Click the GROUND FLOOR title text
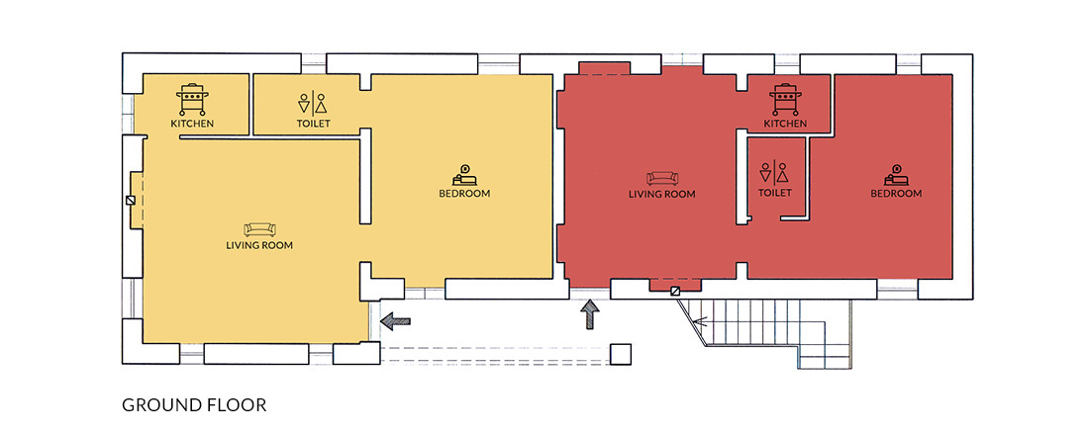pos(194,404)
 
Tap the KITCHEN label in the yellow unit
pos(192,124)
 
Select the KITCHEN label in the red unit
pos(785,124)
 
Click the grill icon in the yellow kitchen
pos(192,99)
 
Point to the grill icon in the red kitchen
pos(785,99)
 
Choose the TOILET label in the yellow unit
pos(313,124)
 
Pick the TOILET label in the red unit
pos(774,192)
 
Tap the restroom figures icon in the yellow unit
pos(313,103)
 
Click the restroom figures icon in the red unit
pos(774,172)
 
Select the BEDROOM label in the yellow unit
pos(464,193)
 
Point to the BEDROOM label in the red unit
pos(897,193)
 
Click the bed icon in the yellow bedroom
pos(464,175)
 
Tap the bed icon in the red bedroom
pos(897,175)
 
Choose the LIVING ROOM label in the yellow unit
pos(259,245)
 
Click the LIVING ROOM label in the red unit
pos(662,194)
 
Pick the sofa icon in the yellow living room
pos(259,229)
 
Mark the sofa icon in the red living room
pos(662,178)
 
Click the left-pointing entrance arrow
pos(396,320)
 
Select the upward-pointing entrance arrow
pos(590,314)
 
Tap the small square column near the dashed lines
pos(620,354)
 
